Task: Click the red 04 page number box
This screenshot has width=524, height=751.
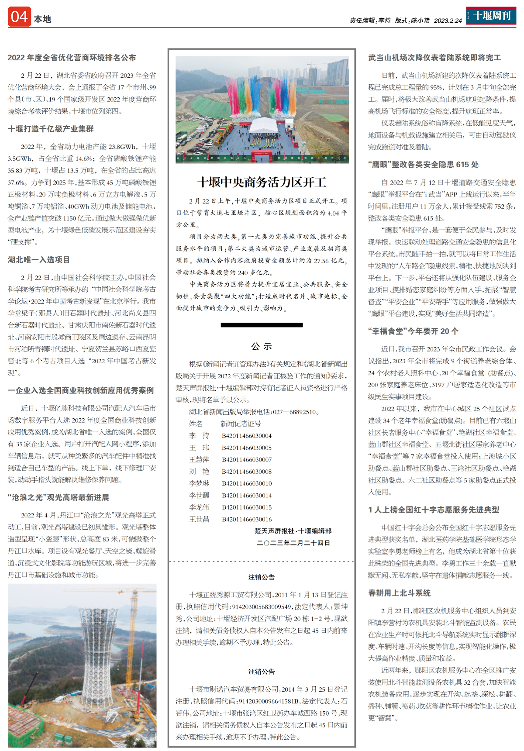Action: click(x=19, y=17)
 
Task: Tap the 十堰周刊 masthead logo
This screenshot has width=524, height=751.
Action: click(x=491, y=16)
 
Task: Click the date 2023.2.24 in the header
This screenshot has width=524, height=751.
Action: click(x=448, y=21)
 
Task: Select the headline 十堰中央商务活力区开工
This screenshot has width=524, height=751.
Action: click(x=262, y=182)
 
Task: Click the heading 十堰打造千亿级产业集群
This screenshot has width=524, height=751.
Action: click(x=51, y=129)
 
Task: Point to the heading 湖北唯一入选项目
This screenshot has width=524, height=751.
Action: click(x=39, y=260)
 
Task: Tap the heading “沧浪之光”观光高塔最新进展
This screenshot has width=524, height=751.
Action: click(x=59, y=497)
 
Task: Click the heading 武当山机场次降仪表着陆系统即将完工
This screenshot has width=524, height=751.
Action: click(x=434, y=58)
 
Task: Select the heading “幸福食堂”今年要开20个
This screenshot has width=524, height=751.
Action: click(x=413, y=331)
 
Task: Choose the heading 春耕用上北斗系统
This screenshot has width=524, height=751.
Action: click(x=400, y=593)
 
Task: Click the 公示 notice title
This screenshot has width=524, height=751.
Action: click(x=262, y=346)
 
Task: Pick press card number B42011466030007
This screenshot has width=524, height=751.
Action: click(x=247, y=460)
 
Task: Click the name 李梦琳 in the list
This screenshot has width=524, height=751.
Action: click(x=199, y=483)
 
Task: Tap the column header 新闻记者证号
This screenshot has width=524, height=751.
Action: click(x=241, y=424)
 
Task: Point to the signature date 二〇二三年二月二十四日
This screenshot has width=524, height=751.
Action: click(x=293, y=543)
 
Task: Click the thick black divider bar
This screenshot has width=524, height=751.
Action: click(x=262, y=325)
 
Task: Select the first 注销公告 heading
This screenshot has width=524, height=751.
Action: click(x=262, y=577)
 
